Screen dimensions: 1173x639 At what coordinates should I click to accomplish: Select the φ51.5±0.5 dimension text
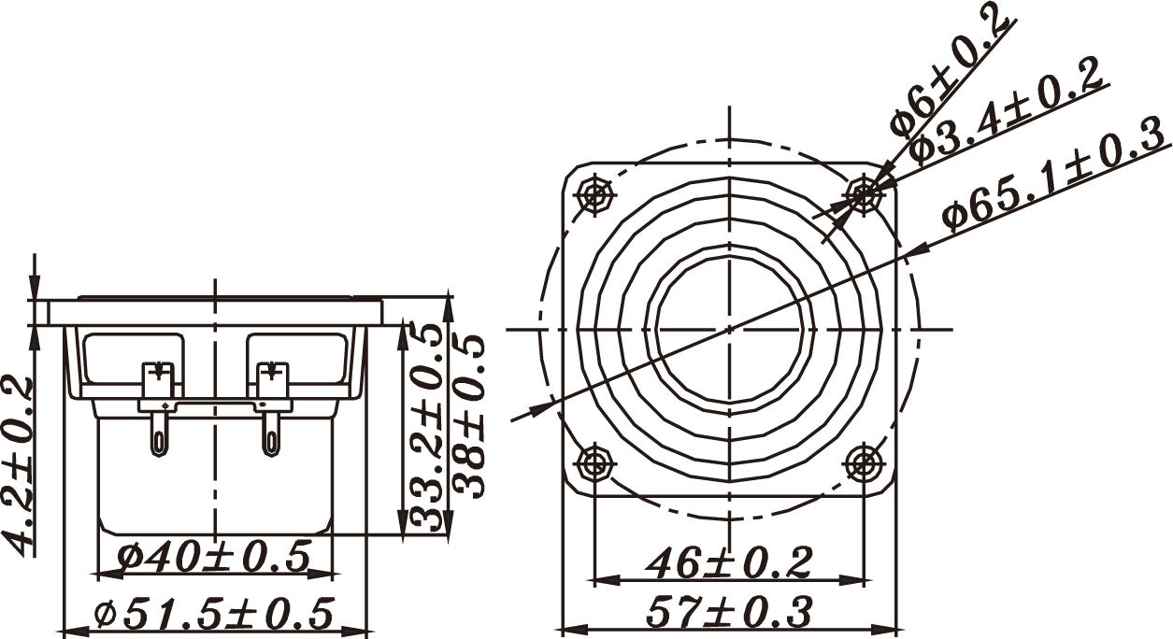(214, 612)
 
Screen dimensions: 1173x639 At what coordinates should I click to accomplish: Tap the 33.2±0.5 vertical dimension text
(426, 427)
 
